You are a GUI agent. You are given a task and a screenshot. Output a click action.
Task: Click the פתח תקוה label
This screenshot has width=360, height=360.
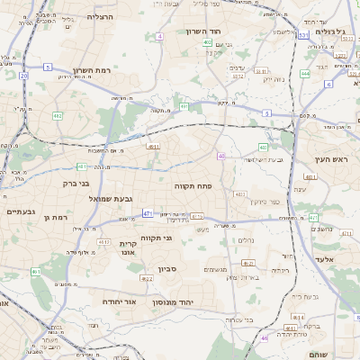coord(192,184)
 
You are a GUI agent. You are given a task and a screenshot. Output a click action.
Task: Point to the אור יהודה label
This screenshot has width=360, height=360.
coord(118,301)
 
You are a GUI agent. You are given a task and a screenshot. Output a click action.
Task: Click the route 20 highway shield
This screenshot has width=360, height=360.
coord(23,76)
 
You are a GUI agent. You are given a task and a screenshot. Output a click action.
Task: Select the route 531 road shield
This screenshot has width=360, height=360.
coord(303,36)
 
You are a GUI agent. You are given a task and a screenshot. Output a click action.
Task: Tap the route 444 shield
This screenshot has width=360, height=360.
coord(306,74)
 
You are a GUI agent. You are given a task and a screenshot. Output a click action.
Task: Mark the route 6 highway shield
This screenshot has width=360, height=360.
coord(328,84)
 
